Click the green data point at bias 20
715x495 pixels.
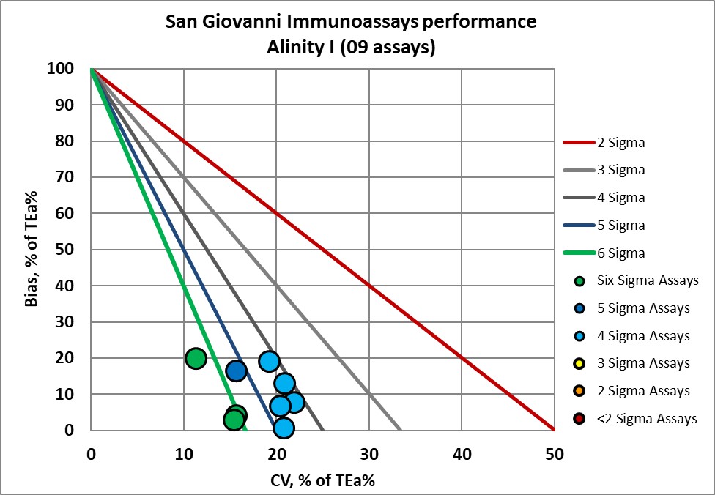point(196,358)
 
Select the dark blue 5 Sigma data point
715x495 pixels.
point(236,371)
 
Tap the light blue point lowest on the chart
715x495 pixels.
point(284,428)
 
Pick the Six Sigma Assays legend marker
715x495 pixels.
point(579,281)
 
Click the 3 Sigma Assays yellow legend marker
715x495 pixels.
point(579,364)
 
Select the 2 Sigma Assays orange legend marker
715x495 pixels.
point(579,392)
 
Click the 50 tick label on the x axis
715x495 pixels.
point(554,453)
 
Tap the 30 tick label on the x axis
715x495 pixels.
point(368,453)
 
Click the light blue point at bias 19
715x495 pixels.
point(269,361)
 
